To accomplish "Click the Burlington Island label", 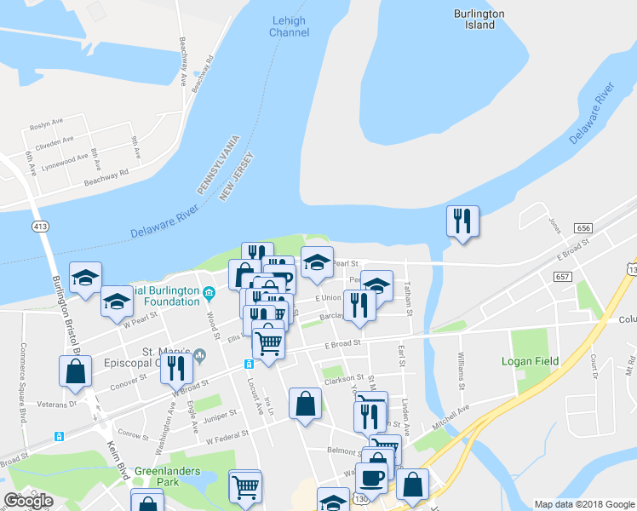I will (479, 20).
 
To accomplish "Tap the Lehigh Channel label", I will (290, 26).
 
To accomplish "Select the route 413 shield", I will (39, 227).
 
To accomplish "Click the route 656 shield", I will (582, 228).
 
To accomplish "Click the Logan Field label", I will (535, 361).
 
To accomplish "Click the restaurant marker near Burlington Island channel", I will (462, 221).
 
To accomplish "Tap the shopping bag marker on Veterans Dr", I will (75, 371).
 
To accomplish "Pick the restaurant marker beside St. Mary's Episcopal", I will (176, 367).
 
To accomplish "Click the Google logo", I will (28, 501).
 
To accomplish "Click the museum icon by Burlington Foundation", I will (209, 295).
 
